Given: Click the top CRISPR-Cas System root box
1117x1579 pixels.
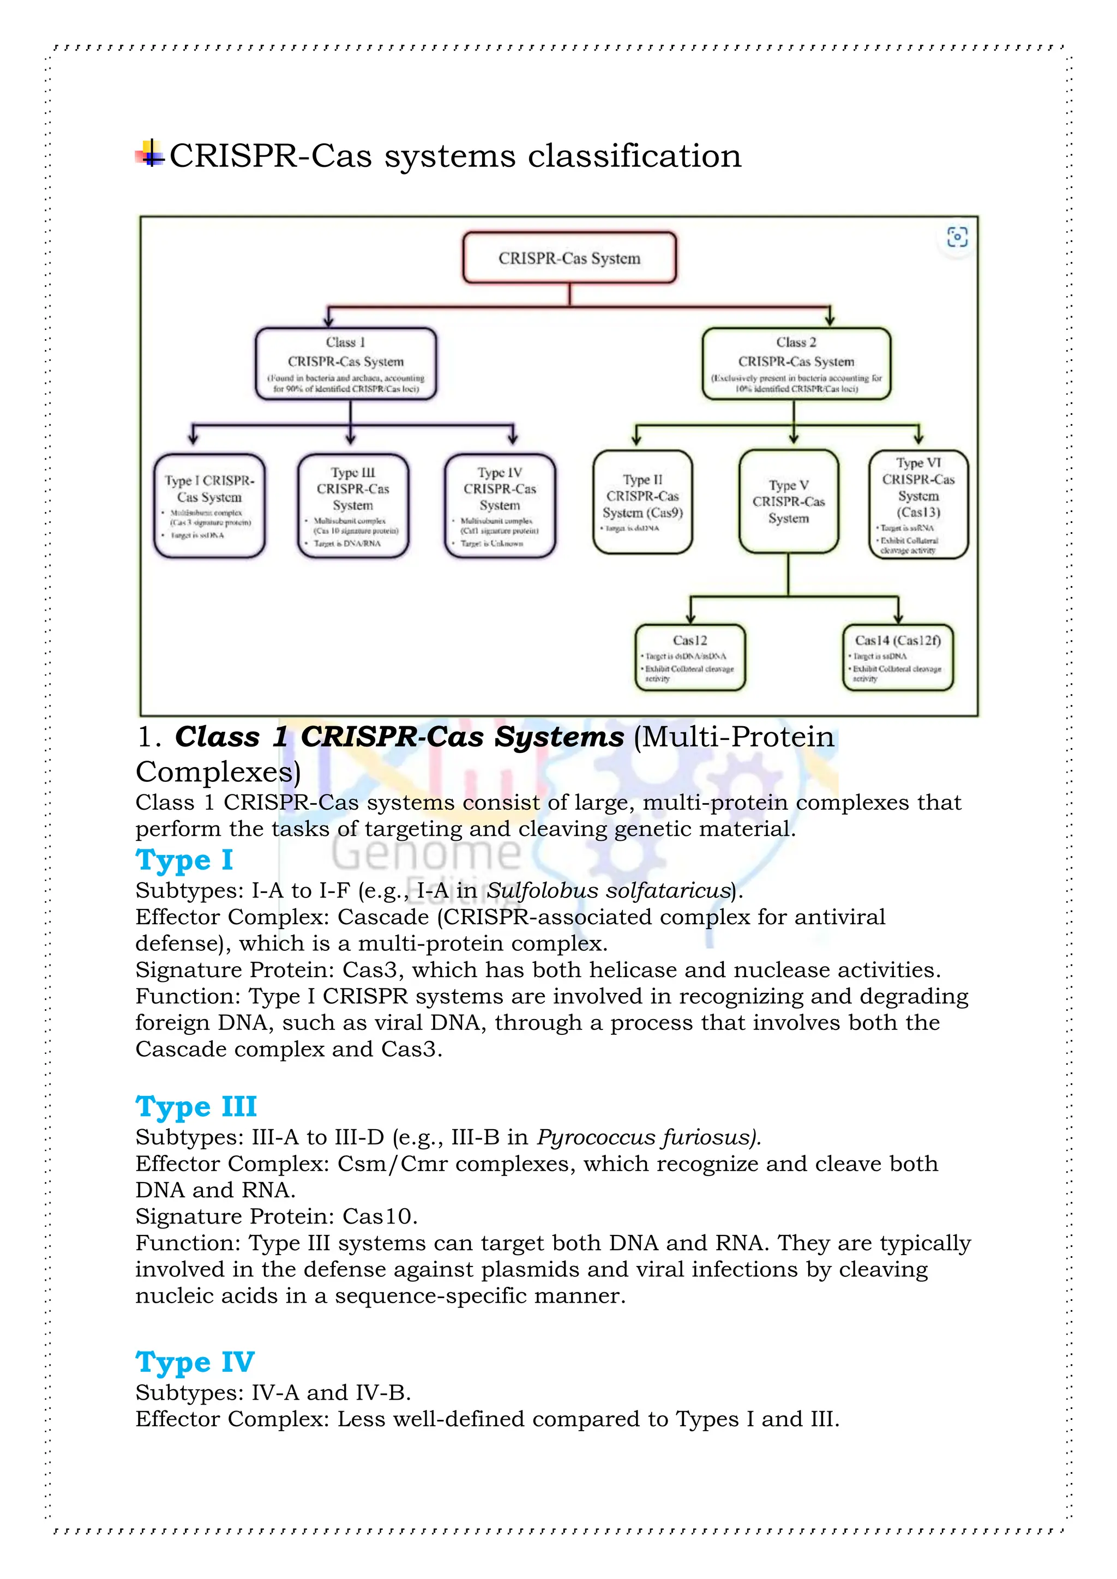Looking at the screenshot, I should pos(569,258).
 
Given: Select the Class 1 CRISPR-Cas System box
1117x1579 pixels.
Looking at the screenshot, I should pos(346,364).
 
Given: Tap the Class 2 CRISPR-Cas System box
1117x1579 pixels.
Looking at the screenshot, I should pos(796,364).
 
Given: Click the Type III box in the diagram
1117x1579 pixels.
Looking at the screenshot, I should pos(353,505).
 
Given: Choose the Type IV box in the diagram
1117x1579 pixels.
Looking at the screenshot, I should pos(500,505).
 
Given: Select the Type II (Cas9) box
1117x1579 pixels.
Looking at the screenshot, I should pos(642,502).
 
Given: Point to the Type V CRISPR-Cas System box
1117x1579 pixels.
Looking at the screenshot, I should pos(788,502).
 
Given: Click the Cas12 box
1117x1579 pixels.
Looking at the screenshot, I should pos(690,657).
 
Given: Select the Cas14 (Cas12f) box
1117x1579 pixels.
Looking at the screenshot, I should pos(898,657).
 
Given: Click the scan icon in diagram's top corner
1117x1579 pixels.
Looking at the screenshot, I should pos(957,237).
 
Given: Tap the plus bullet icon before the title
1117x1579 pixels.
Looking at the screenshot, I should pos(150,154).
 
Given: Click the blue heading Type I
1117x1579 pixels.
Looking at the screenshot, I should pos(184,860).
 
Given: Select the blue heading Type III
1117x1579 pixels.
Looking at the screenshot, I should pos(196,1106).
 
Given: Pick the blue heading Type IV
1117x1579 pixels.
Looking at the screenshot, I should pos(195,1361).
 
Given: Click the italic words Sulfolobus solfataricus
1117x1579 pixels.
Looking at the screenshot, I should pos(608,890).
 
